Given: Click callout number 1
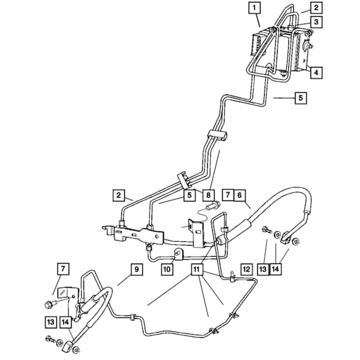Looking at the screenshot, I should [x=255, y=8].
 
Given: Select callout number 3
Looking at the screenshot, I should [x=316, y=22].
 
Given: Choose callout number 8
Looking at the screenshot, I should [x=208, y=195].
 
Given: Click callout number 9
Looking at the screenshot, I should [x=135, y=269].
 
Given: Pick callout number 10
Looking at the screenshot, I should [x=167, y=269].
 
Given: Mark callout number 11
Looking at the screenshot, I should [x=197, y=269].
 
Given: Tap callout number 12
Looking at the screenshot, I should [x=246, y=269].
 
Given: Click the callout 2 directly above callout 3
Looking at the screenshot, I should [x=316, y=7].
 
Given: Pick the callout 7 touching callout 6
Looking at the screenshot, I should [x=227, y=195].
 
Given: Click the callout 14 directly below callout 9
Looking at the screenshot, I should [x=65, y=322].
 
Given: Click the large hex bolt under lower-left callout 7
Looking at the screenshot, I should [x=48, y=304].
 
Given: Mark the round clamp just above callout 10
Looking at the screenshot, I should [x=178, y=252].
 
